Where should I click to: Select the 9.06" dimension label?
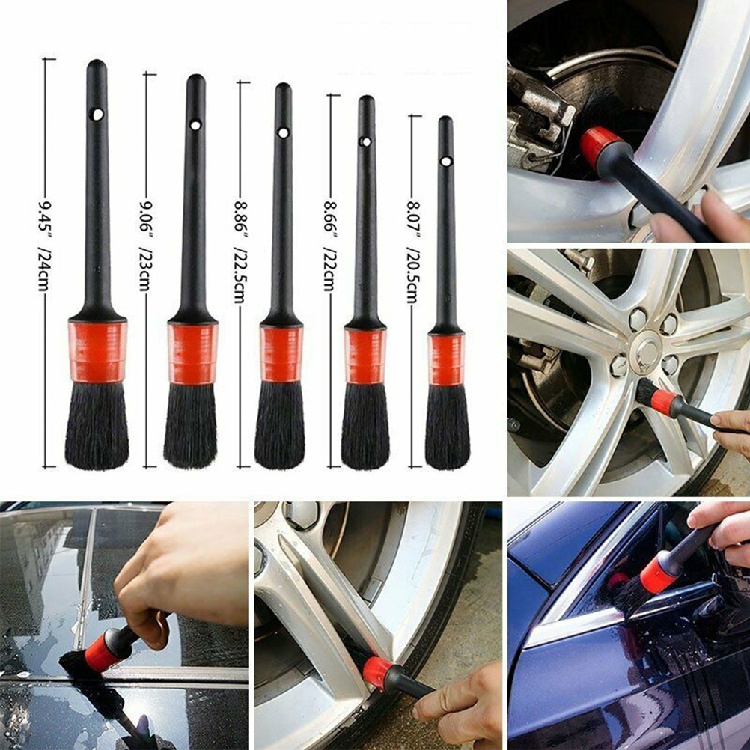point(144,218)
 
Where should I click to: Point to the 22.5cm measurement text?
point(240,275)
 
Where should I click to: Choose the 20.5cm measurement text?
point(412,275)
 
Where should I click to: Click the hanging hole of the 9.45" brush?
point(97,115)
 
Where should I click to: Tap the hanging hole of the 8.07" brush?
point(446,161)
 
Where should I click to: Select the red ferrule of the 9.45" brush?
point(97,352)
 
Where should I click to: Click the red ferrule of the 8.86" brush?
point(281,354)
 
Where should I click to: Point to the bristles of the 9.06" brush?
point(190,426)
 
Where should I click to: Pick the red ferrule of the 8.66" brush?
point(365,356)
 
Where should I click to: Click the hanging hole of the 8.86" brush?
point(283,133)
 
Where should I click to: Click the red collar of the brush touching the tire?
point(379,673)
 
